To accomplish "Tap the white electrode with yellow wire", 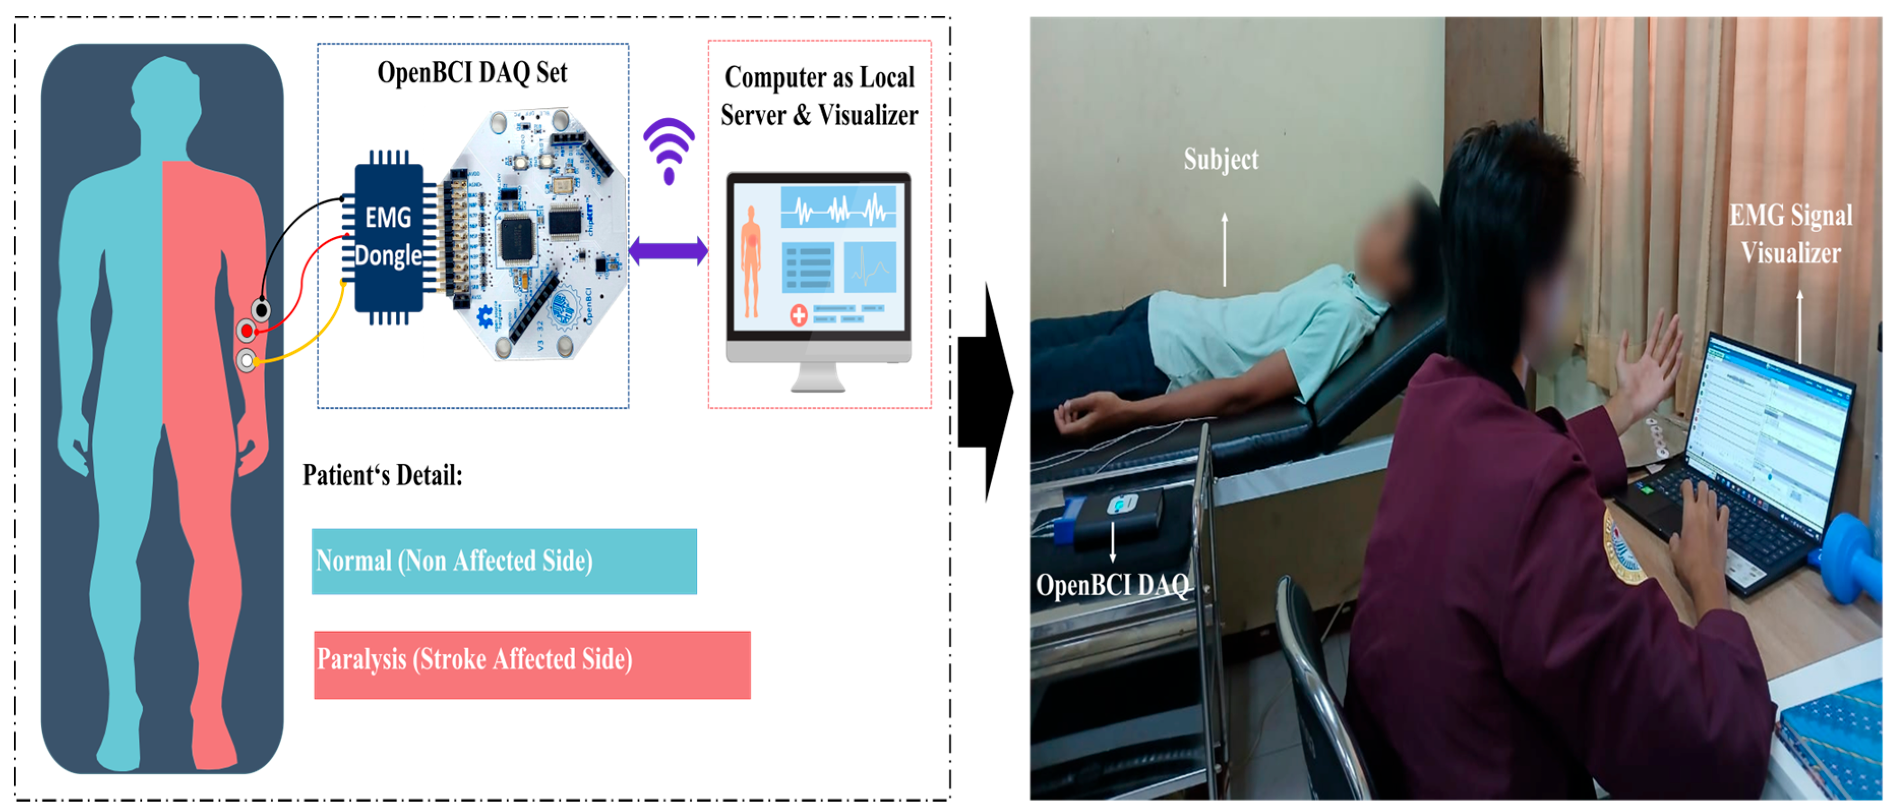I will tap(247, 360).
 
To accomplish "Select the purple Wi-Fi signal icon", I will tap(669, 151).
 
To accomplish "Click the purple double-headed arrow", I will tap(668, 251).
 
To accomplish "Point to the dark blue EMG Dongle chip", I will tap(388, 237).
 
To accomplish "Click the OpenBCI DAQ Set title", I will tap(472, 73).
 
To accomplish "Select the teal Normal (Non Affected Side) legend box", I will tap(504, 561).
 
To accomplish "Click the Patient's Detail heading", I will tap(382, 475).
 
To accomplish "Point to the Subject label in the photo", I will tap(1221, 159).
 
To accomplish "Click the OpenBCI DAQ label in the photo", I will tap(1112, 585).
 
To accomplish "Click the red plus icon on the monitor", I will tap(799, 316).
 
